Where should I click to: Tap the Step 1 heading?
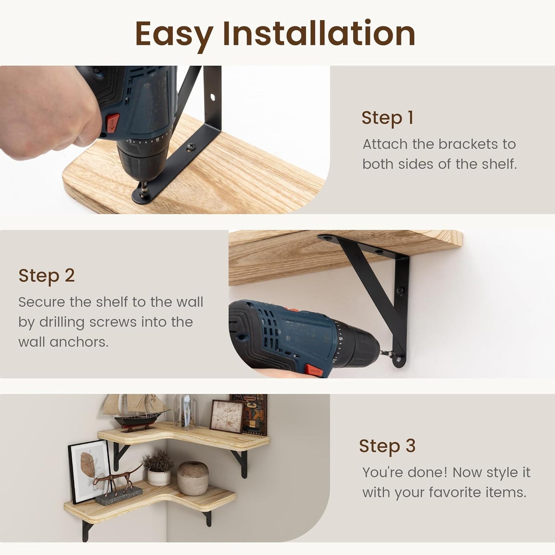pyautogui.click(x=388, y=118)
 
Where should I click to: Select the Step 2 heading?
pyautogui.click(x=46, y=276)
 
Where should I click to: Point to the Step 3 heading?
pyautogui.click(x=388, y=446)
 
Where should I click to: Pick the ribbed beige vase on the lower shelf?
pyautogui.click(x=193, y=478)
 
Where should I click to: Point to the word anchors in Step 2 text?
pyautogui.click(x=79, y=342)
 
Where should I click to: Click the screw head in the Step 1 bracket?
pyautogui.click(x=191, y=147)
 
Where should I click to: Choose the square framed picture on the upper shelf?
pyautogui.click(x=227, y=416)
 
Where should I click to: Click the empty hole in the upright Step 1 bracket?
pyautogui.click(x=213, y=97)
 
